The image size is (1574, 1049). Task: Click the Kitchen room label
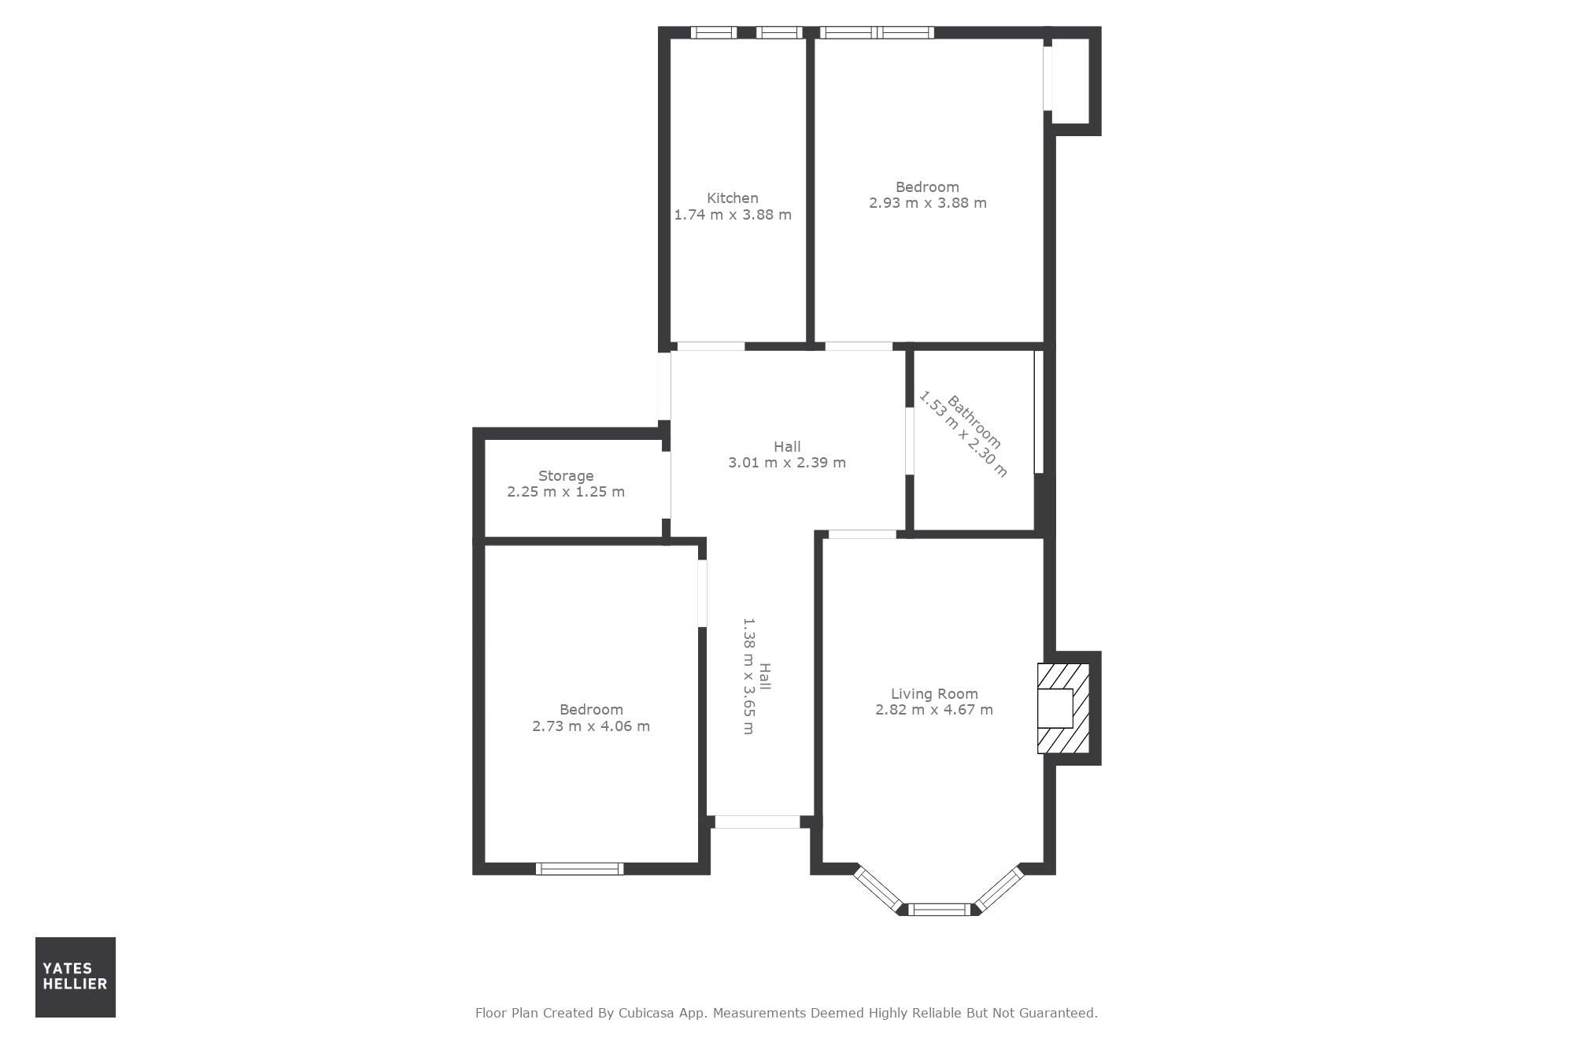733,198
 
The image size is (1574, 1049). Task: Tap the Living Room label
934,694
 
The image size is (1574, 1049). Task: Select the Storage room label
566,476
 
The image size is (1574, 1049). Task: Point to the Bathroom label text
974,422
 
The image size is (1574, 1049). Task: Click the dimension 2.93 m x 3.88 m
928,203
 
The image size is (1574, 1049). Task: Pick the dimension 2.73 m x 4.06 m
591,726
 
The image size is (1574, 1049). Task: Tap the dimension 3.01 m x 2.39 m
787,463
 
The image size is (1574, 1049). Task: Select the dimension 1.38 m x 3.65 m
748,676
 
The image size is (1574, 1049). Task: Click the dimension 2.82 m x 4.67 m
934,710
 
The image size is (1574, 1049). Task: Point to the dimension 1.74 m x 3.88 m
733,215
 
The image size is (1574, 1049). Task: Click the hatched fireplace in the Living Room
1063,708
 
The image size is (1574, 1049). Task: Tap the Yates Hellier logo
76,977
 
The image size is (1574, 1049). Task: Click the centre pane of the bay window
940,910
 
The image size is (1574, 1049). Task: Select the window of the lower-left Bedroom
580,869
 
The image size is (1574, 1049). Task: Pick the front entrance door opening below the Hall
757,822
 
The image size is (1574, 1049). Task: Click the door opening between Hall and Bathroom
909,441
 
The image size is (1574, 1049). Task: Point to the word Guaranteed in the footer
1058,1013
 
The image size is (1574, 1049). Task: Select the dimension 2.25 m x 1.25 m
566,492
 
